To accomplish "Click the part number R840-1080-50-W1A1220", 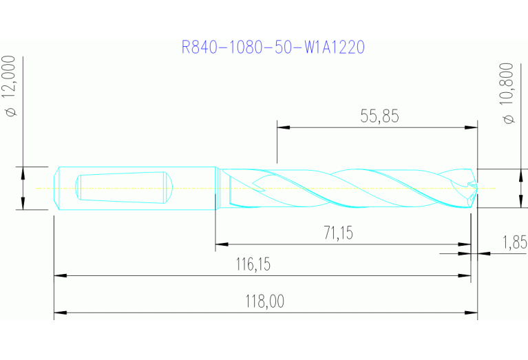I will coord(273,47).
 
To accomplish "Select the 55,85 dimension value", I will coord(379,116).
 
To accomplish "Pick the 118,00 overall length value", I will coord(265,301).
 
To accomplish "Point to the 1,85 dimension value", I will coord(514,242).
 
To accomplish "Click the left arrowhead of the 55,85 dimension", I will coord(282,127).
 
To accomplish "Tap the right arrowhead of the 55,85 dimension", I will coord(472,127).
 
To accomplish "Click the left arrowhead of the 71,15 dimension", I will coord(221,243).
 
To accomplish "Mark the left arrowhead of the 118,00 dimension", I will coord(60,314).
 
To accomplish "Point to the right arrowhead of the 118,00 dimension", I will coord(472,314).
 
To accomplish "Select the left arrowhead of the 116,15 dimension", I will coord(60,275).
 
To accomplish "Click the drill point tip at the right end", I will coord(476,188).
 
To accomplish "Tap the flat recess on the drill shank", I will coord(123,187).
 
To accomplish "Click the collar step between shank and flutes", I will coord(218,187).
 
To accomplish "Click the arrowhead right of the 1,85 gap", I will coord(484,253).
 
